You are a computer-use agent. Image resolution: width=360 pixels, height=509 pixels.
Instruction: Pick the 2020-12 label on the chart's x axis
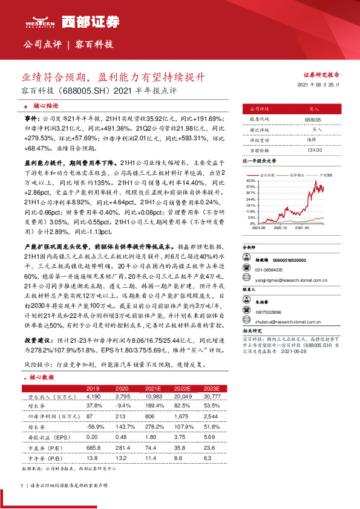[x=280, y=228]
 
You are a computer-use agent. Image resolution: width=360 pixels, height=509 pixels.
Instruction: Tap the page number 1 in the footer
[x=22, y=485]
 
